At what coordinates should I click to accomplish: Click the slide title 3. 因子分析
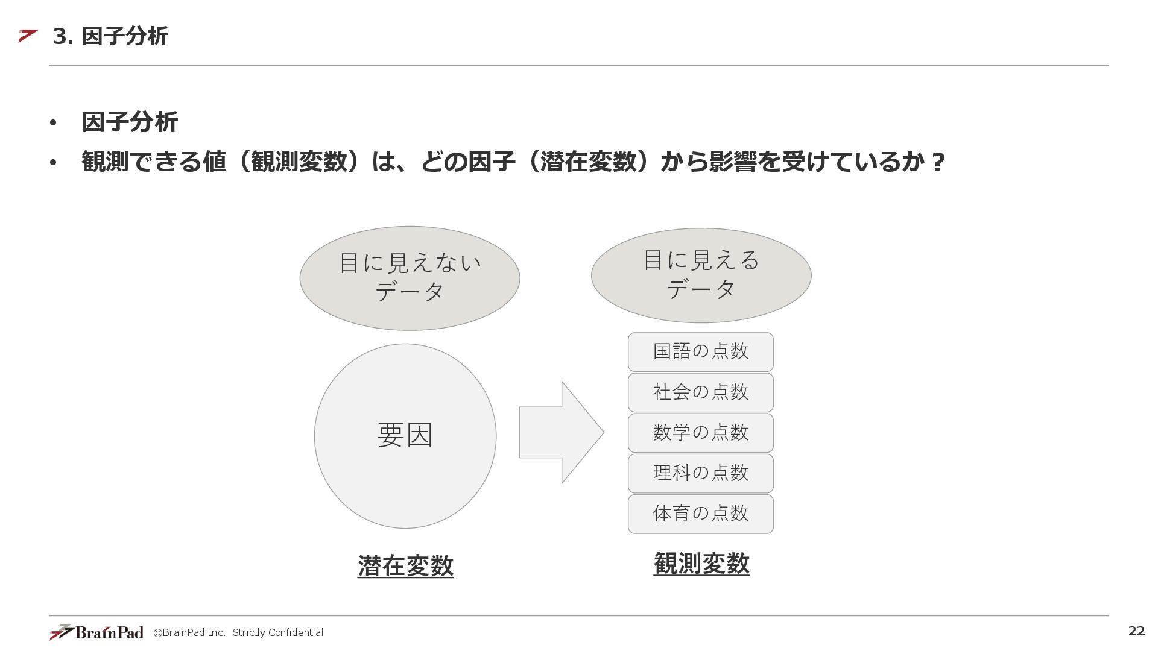tap(110, 36)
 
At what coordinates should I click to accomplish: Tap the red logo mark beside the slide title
tap(28, 36)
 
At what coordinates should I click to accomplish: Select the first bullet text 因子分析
tap(130, 122)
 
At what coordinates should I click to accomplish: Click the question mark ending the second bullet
tap(937, 162)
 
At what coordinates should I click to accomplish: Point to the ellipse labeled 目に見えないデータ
tap(410, 278)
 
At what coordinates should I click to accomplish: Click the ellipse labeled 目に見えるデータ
tap(701, 275)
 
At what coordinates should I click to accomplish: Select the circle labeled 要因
tap(405, 436)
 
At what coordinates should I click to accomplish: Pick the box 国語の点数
tap(700, 352)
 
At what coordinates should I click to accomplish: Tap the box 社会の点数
tap(700, 392)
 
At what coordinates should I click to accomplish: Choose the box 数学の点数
tap(700, 433)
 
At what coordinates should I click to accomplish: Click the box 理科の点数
tap(700, 473)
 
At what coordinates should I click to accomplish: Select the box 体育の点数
tap(700, 514)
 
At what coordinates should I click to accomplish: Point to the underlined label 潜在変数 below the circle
tap(405, 565)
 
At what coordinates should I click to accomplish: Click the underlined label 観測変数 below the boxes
tap(701, 564)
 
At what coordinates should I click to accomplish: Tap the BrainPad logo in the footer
tap(96, 632)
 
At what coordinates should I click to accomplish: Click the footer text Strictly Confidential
tap(278, 632)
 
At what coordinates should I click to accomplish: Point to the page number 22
tap(1136, 631)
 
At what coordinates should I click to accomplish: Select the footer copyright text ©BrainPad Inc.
tap(189, 632)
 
